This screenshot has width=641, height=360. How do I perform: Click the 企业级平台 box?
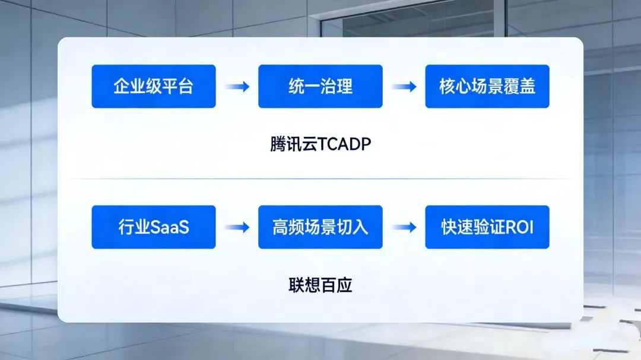(x=153, y=87)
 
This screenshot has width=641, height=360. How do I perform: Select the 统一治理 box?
(x=320, y=87)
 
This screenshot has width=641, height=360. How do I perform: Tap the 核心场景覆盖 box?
(x=487, y=87)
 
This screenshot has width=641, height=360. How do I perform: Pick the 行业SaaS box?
(x=153, y=227)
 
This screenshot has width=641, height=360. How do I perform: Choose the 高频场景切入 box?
(x=320, y=227)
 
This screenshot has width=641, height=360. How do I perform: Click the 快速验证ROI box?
(x=487, y=227)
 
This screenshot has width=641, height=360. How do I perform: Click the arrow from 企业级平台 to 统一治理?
(x=237, y=87)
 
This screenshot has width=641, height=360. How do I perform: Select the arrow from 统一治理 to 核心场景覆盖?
(x=404, y=87)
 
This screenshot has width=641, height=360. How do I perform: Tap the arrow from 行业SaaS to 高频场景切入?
(x=237, y=228)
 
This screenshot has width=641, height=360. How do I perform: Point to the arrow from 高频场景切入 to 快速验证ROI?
(x=404, y=228)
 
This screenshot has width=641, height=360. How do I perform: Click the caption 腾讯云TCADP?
(x=320, y=145)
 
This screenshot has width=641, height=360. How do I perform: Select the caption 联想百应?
(x=320, y=285)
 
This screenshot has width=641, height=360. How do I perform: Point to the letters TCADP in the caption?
(x=344, y=145)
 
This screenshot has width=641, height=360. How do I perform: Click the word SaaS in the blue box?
(x=170, y=228)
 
